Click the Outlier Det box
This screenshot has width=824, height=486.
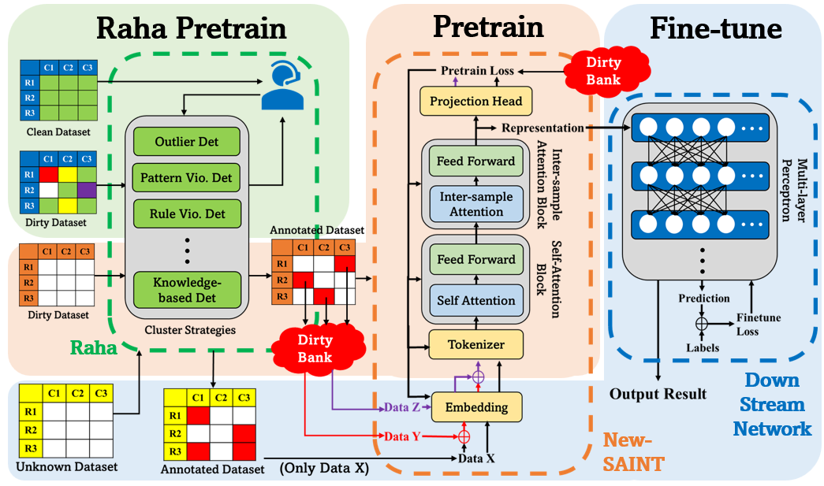[186, 143]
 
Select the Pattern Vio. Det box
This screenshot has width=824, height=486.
[186, 178]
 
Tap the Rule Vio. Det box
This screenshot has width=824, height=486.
[186, 213]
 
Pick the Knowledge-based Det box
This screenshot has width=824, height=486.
[186, 290]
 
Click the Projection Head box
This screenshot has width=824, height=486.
[475, 102]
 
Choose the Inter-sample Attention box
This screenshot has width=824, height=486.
[475, 204]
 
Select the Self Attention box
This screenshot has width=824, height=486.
[475, 300]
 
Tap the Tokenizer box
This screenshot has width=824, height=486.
[475, 345]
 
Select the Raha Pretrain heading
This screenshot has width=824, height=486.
[191, 28]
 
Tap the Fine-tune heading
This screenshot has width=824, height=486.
[715, 28]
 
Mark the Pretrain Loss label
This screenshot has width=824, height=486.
[477, 70]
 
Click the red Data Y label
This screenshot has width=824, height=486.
[402, 436]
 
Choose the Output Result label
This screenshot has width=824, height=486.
[658, 394]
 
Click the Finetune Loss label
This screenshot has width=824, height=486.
[759, 324]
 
